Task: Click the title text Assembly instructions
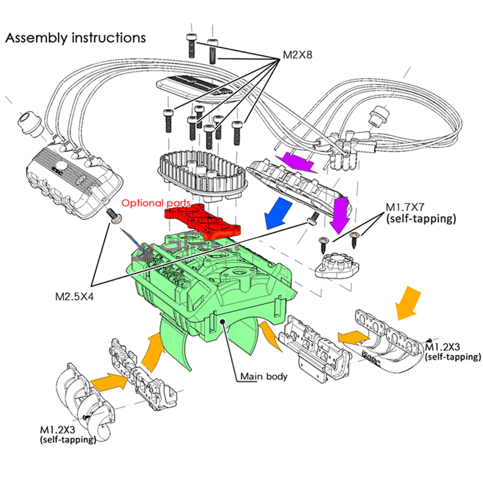point(76,38)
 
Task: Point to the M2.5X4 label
point(74,296)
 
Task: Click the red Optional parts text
point(156,203)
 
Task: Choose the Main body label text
point(263,376)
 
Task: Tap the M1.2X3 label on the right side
point(452,352)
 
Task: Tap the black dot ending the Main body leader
point(223,322)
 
